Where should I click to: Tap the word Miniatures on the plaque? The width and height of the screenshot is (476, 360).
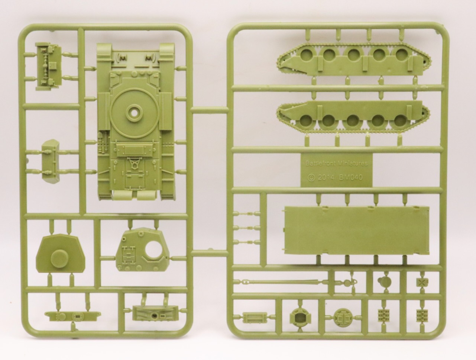(352, 163)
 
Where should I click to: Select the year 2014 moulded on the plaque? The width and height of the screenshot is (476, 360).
(327, 178)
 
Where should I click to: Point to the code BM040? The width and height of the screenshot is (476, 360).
(351, 177)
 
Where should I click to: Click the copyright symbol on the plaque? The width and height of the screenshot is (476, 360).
(311, 178)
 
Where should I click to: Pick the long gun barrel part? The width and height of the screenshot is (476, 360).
(280, 282)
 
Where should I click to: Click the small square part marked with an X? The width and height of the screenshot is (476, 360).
(422, 282)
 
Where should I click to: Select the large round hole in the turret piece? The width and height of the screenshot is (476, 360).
(155, 246)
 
